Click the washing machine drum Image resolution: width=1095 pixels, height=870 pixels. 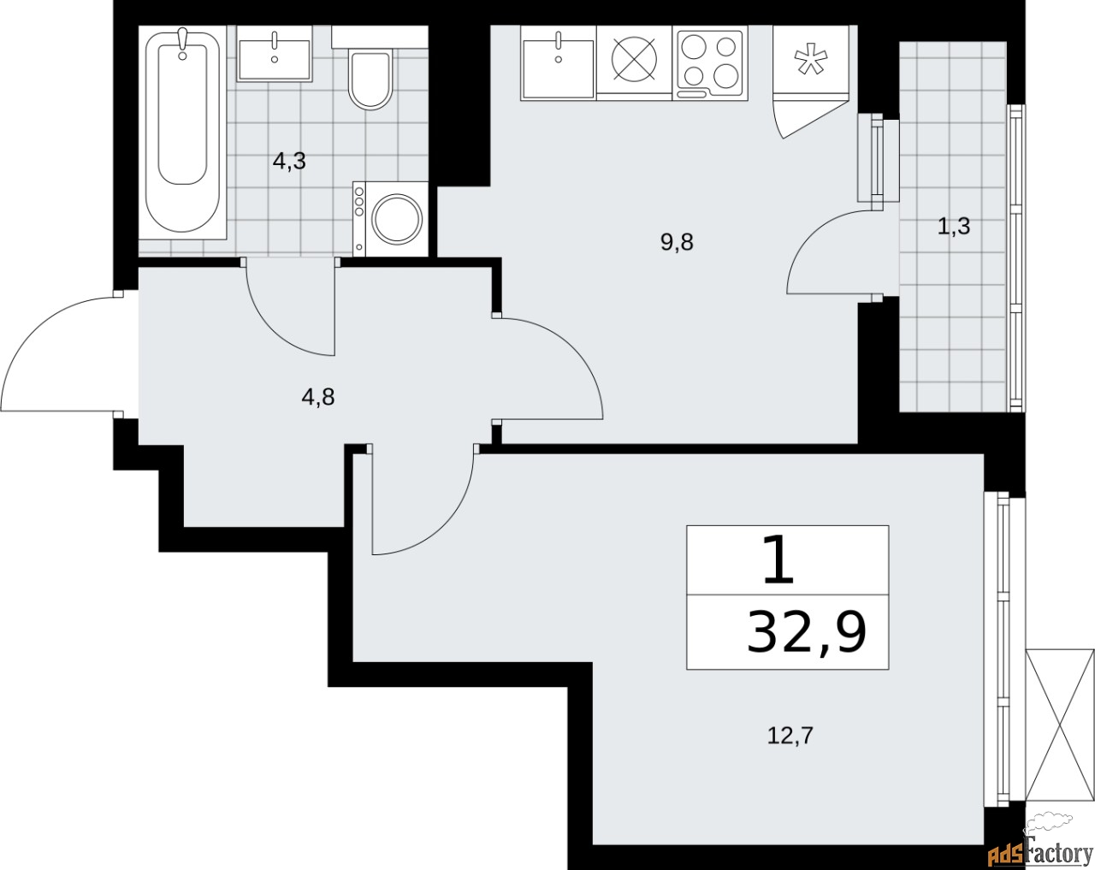click(398, 217)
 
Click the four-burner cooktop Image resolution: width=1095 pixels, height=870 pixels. click(709, 61)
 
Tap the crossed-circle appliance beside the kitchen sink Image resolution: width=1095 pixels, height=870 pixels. click(634, 61)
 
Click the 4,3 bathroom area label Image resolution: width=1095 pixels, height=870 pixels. click(289, 161)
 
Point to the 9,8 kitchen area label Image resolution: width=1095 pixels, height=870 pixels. click(676, 242)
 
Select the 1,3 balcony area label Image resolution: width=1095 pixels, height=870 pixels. click(953, 227)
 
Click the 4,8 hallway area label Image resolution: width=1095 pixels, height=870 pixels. click(317, 397)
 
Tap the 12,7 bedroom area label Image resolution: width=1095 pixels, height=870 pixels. click(789, 735)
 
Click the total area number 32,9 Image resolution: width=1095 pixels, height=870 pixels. click(806, 633)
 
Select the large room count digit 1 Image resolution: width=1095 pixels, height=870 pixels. click(778, 561)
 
